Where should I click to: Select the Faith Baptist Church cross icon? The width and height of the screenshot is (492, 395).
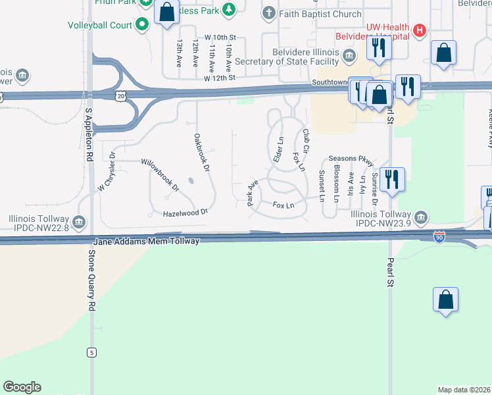(268, 13)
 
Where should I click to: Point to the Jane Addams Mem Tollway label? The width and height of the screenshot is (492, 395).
(147, 242)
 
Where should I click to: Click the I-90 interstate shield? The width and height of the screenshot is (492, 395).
(439, 236)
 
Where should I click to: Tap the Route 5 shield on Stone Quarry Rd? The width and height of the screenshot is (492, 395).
(91, 353)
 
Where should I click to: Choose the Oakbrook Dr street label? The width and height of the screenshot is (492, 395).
(201, 153)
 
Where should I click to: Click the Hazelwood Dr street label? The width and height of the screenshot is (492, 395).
(185, 213)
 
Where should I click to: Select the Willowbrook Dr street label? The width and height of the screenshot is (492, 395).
(160, 174)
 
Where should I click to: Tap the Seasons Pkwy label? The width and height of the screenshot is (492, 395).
(351, 159)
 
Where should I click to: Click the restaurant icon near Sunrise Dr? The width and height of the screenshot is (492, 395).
(392, 179)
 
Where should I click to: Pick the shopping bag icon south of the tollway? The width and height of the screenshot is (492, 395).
(445, 300)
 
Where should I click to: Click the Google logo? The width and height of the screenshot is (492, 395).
(22, 387)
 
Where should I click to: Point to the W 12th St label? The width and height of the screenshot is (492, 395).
(220, 78)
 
